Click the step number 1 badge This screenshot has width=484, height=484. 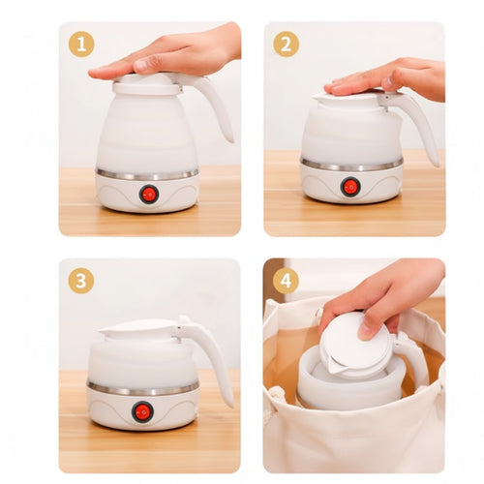click(x=81, y=44)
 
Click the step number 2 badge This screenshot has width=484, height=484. click(x=286, y=44)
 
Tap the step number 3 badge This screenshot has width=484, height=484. click(x=81, y=281)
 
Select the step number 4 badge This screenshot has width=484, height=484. click(x=286, y=281)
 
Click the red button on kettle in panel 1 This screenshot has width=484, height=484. click(x=148, y=194)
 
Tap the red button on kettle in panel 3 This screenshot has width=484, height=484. click(x=142, y=411)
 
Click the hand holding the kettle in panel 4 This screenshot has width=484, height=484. click(x=387, y=295)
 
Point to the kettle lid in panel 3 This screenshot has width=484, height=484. click(x=140, y=329)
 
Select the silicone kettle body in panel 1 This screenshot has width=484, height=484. click(x=145, y=136)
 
